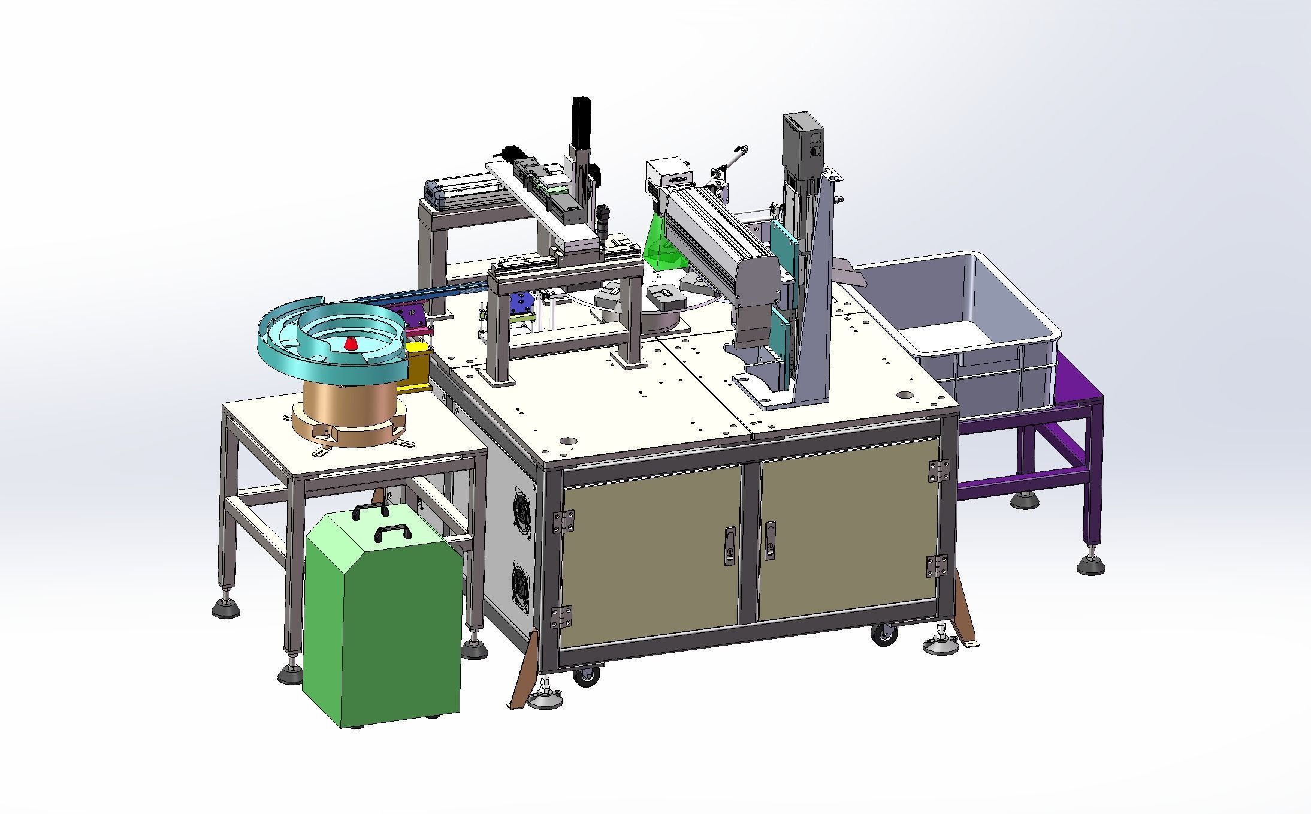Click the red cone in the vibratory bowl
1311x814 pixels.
click(351, 344)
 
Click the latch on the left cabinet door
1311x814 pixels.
click(729, 545)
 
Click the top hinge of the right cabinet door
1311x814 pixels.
click(938, 470)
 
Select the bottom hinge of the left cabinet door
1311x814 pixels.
click(562, 617)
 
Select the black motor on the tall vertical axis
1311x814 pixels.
click(582, 122)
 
